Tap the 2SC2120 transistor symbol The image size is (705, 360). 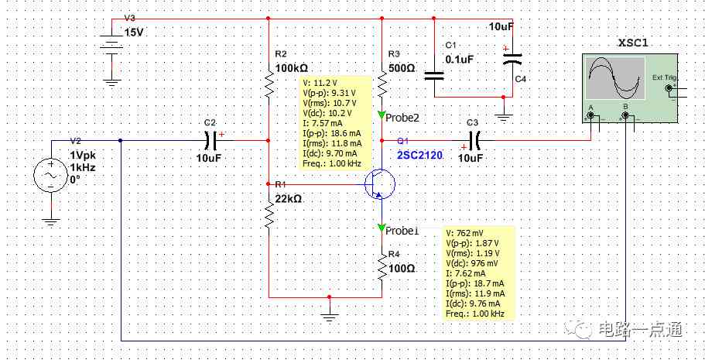379,183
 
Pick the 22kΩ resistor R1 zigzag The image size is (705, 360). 269,214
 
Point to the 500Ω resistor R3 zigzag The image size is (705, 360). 382,84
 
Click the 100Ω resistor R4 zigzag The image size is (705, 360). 382,266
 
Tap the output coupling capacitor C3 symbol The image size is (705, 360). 474,140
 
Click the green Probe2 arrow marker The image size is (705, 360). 382,116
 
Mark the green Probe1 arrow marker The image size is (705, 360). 382,227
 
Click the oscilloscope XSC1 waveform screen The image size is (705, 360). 615,79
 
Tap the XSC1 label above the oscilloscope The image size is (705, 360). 634,43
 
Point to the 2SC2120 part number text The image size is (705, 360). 419,156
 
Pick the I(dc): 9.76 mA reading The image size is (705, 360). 473,303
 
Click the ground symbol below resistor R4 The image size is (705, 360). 330,315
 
